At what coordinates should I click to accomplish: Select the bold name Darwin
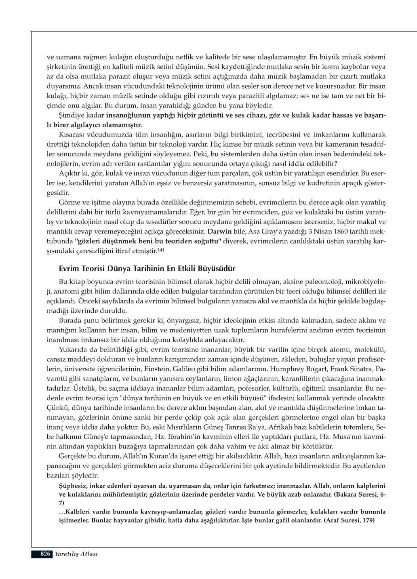point(219,232)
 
